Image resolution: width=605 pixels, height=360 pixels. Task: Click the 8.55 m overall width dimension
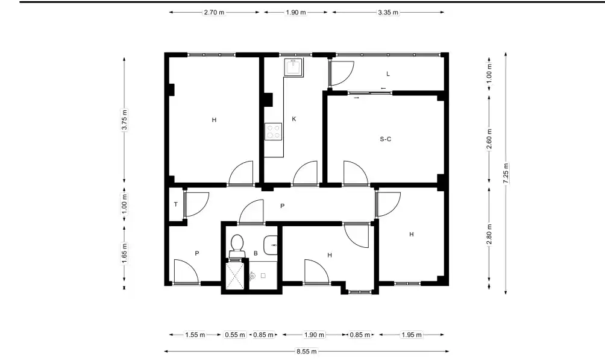(306, 352)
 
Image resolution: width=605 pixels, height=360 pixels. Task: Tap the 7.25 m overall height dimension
(506, 174)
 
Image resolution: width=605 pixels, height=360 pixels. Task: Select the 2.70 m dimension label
(214, 12)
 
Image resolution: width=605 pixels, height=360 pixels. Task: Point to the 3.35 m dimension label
(388, 12)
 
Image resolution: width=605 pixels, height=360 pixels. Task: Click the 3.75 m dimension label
(124, 121)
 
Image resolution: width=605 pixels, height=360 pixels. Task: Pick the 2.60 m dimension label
(489, 139)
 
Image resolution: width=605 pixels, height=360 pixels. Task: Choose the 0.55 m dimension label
(235, 335)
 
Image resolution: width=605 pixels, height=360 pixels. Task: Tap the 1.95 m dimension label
(412, 335)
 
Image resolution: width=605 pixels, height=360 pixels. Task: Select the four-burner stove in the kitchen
(273, 131)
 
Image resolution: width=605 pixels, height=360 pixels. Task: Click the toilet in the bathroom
(237, 246)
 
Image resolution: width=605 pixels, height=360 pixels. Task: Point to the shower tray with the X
(234, 275)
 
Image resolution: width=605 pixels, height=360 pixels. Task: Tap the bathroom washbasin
(271, 245)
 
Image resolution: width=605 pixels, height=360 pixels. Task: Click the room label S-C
(386, 139)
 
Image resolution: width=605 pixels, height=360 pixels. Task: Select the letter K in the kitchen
(294, 119)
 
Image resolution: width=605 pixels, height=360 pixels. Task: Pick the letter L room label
(388, 74)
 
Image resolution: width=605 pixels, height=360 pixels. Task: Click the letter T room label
(176, 204)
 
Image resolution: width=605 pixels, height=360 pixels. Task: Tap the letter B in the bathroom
(255, 253)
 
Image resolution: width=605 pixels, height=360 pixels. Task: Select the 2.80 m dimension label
(489, 235)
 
